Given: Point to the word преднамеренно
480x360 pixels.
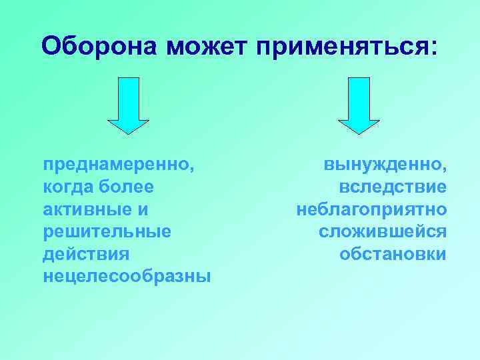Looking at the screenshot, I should pos(117,164).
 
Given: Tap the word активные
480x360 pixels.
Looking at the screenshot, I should pos(87,209).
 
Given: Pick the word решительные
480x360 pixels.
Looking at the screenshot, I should pos(107,232).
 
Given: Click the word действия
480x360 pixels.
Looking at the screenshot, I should pos(86,255).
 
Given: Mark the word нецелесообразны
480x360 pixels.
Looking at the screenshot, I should pos(126,277).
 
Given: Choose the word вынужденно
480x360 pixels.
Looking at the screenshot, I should pos(382,164).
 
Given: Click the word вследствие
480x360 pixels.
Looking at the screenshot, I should pos(393,187).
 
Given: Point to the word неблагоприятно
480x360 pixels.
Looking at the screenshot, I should pos(372,209).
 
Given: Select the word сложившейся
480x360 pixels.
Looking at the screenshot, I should pos(383,232).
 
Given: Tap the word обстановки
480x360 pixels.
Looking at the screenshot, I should pos(393,255).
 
